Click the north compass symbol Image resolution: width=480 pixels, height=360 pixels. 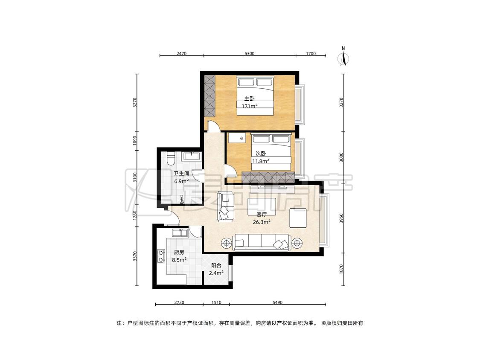pyautogui.click(x=343, y=57)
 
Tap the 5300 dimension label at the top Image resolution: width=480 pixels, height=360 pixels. pyautogui.click(x=250, y=54)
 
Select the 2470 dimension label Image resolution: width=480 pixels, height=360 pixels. pyautogui.click(x=181, y=54)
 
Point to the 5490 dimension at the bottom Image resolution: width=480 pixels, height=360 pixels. pyautogui.click(x=277, y=302)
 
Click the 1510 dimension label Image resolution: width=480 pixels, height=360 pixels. pyautogui.click(x=216, y=302)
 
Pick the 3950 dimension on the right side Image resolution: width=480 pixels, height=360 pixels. pyautogui.click(x=341, y=218)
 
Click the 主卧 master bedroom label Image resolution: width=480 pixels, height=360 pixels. pyautogui.click(x=249, y=99)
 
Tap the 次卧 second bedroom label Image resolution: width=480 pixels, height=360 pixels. pyautogui.click(x=261, y=154)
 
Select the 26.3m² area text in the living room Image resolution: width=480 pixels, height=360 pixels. pyautogui.click(x=262, y=222)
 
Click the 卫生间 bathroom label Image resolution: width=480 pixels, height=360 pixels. pyautogui.click(x=181, y=173)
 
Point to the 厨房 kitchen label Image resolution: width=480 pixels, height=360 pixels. pyautogui.click(x=179, y=252)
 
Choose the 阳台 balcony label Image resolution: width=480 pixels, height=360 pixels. pyautogui.click(x=216, y=265)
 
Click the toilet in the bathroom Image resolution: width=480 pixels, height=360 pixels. pyautogui.click(x=171, y=158)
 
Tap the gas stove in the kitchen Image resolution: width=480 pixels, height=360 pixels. pyautogui.click(x=161, y=256)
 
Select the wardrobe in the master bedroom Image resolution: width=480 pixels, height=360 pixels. pyautogui.click(x=209, y=95)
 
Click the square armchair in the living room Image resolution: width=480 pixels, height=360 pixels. pyautogui.click(x=298, y=218)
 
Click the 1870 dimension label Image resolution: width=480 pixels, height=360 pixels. pyautogui.click(x=341, y=270)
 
